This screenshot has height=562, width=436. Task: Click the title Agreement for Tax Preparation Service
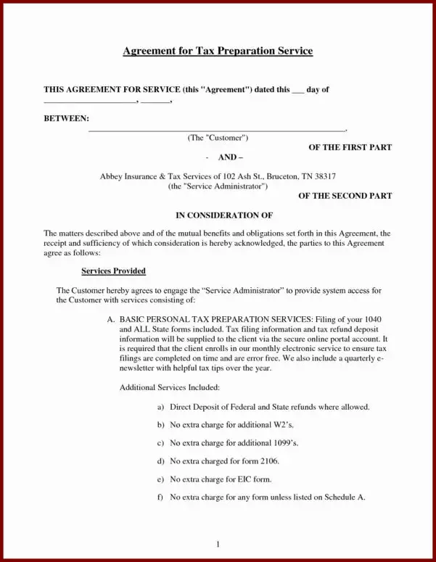[x=218, y=51]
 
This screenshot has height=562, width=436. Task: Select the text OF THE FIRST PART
[x=350, y=147]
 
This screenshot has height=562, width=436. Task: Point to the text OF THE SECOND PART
[x=345, y=196]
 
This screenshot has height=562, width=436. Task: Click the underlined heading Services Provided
[x=114, y=271]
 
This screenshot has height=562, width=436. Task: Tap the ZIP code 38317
[x=321, y=176]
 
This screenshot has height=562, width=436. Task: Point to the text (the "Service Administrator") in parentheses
[x=218, y=186]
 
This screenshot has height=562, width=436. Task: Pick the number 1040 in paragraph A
[x=378, y=320]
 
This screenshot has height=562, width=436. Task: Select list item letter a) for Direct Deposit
[x=160, y=407]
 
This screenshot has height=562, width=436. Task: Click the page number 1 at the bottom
[x=218, y=544]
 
